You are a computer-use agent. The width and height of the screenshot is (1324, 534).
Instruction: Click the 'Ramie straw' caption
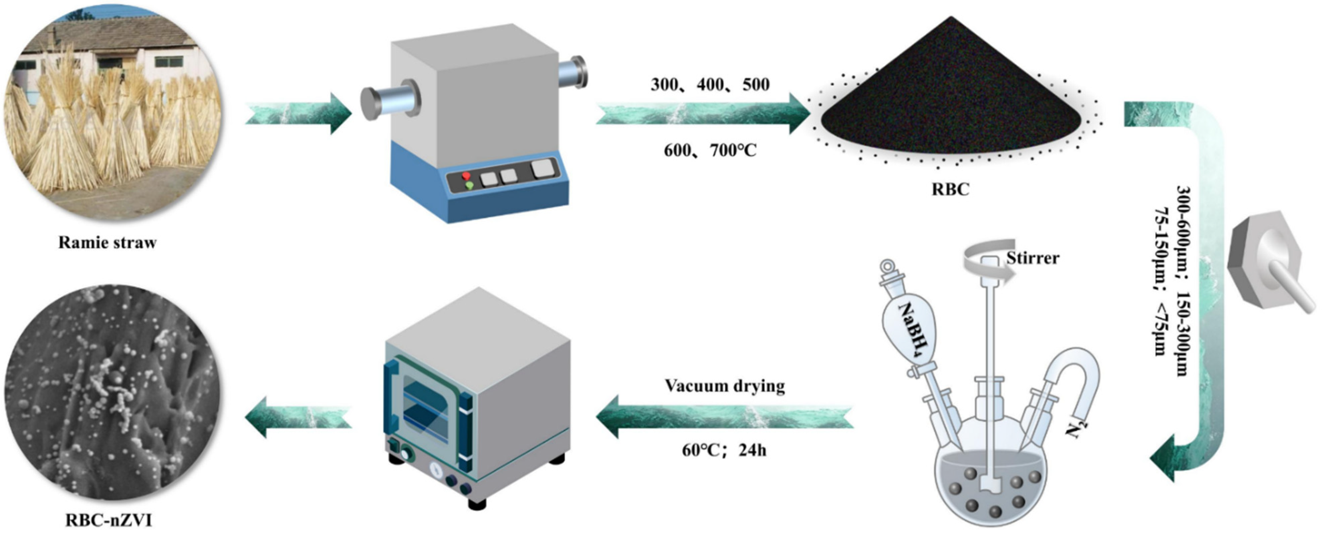107,242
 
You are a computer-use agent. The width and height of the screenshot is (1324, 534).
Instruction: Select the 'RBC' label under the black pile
950,189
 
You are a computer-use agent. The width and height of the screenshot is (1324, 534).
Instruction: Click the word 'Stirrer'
1033,257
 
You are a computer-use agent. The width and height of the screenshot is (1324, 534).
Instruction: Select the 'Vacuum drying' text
725,386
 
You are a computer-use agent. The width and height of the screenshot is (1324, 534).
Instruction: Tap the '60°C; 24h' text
724,450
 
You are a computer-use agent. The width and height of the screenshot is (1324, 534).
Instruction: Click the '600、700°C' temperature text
710,150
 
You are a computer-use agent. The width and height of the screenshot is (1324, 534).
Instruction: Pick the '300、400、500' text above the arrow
710,84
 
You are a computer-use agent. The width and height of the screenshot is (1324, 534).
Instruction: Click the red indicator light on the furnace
466,176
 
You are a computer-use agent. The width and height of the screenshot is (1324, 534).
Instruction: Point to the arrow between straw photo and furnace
298,114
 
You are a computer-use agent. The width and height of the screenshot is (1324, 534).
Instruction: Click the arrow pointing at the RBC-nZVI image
298,416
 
